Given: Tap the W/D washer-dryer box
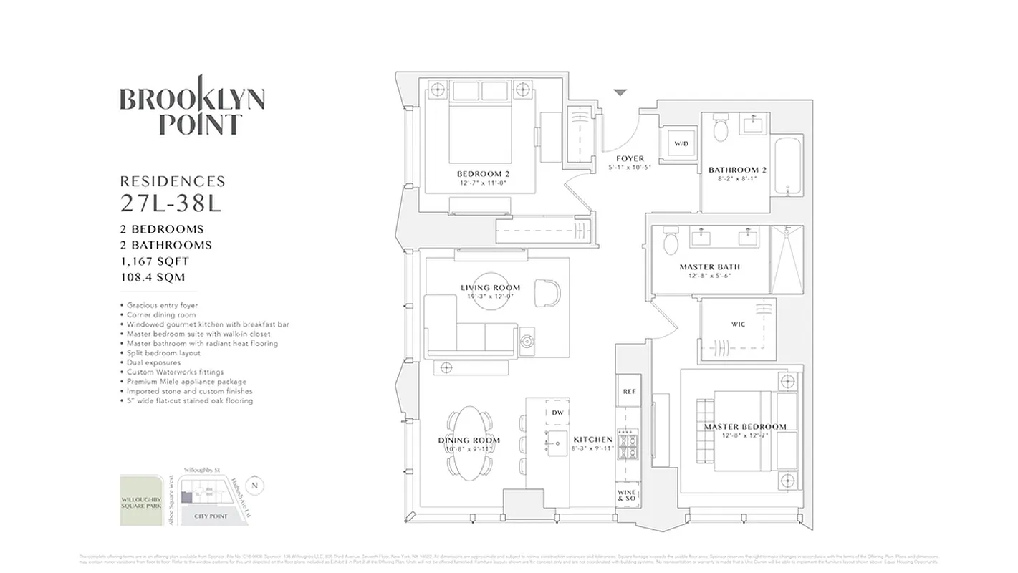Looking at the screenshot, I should pos(680,144).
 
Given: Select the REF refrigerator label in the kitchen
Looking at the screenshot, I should pos(629,392).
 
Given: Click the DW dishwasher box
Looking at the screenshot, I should pos(557,413).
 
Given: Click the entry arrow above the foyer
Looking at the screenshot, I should pos(620,92).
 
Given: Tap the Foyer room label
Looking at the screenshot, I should pos(630,159).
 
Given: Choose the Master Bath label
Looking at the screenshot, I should pos(709,267).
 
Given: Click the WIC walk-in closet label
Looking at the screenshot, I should pos(738,324).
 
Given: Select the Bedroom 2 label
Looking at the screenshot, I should pos(483,174).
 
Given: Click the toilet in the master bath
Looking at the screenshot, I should pos(671,243).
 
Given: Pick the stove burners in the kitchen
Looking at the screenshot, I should pos(628,446).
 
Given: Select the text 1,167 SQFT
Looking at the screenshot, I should pos(154,261).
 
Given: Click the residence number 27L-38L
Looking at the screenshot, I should pos(171,203).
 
